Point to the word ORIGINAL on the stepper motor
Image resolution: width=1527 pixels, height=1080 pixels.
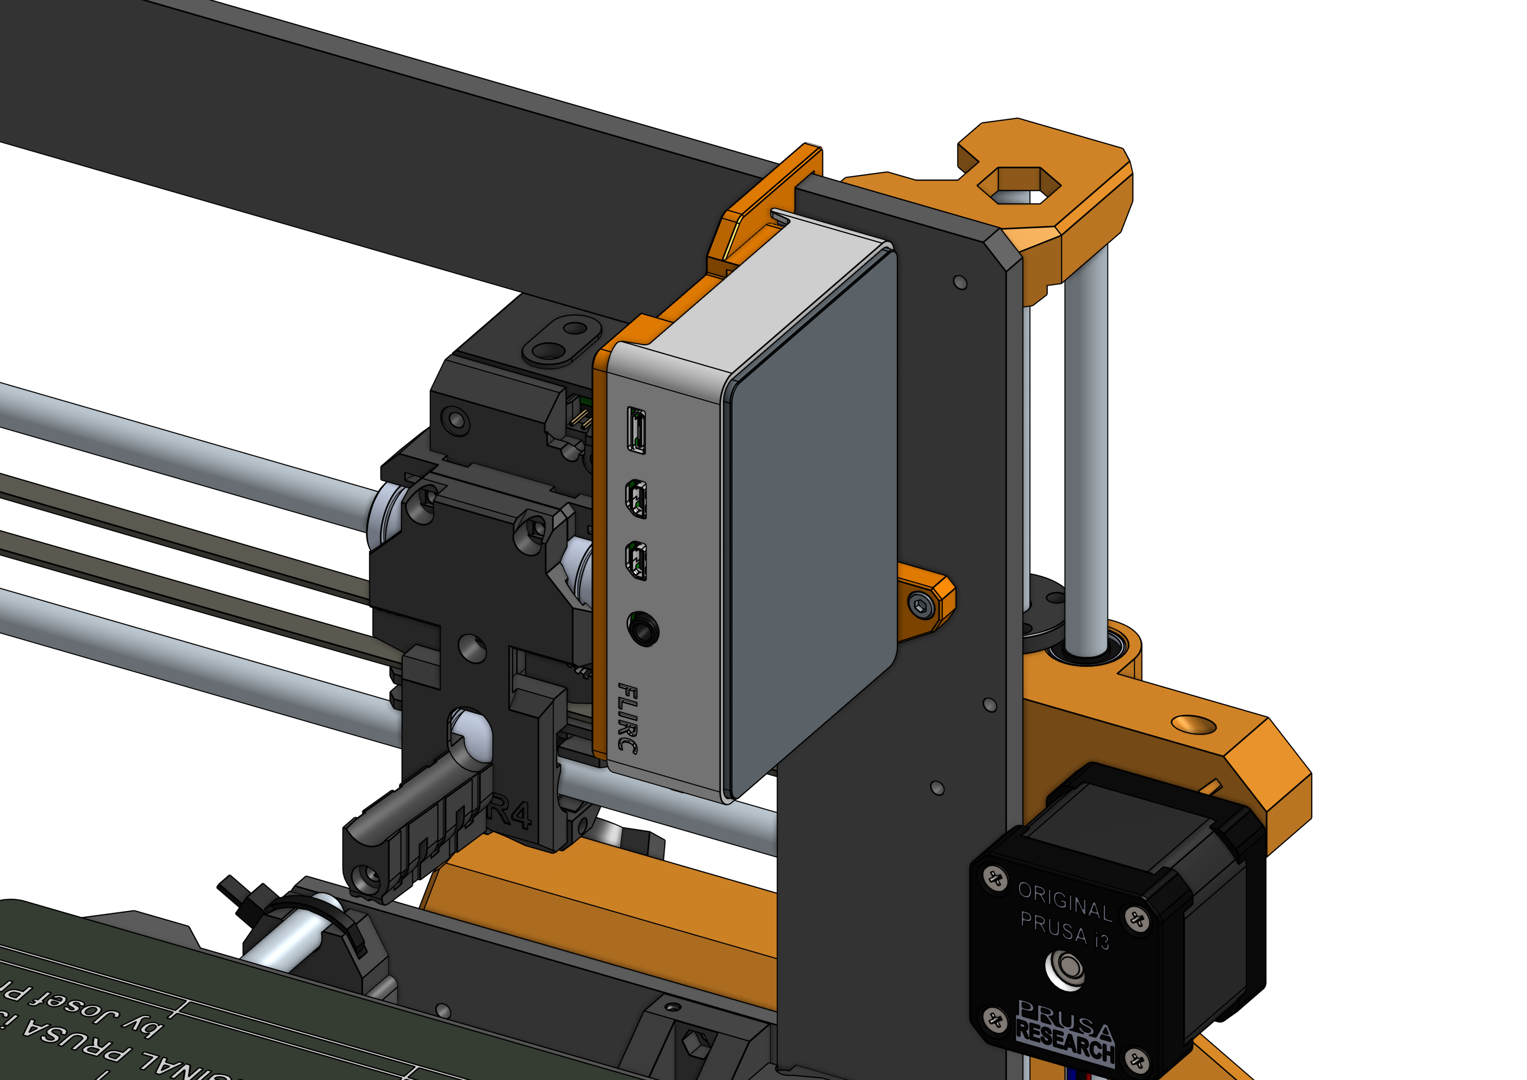click(1065, 903)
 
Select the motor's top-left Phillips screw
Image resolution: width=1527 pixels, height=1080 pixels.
click(995, 879)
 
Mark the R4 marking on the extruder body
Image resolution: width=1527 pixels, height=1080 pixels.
click(512, 814)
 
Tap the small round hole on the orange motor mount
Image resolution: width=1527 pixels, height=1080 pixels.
click(1193, 724)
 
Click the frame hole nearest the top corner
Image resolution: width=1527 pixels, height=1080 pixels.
click(960, 282)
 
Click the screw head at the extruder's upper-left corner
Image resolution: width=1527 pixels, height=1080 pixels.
click(457, 420)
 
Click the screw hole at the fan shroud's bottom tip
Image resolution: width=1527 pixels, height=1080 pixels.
click(365, 878)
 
